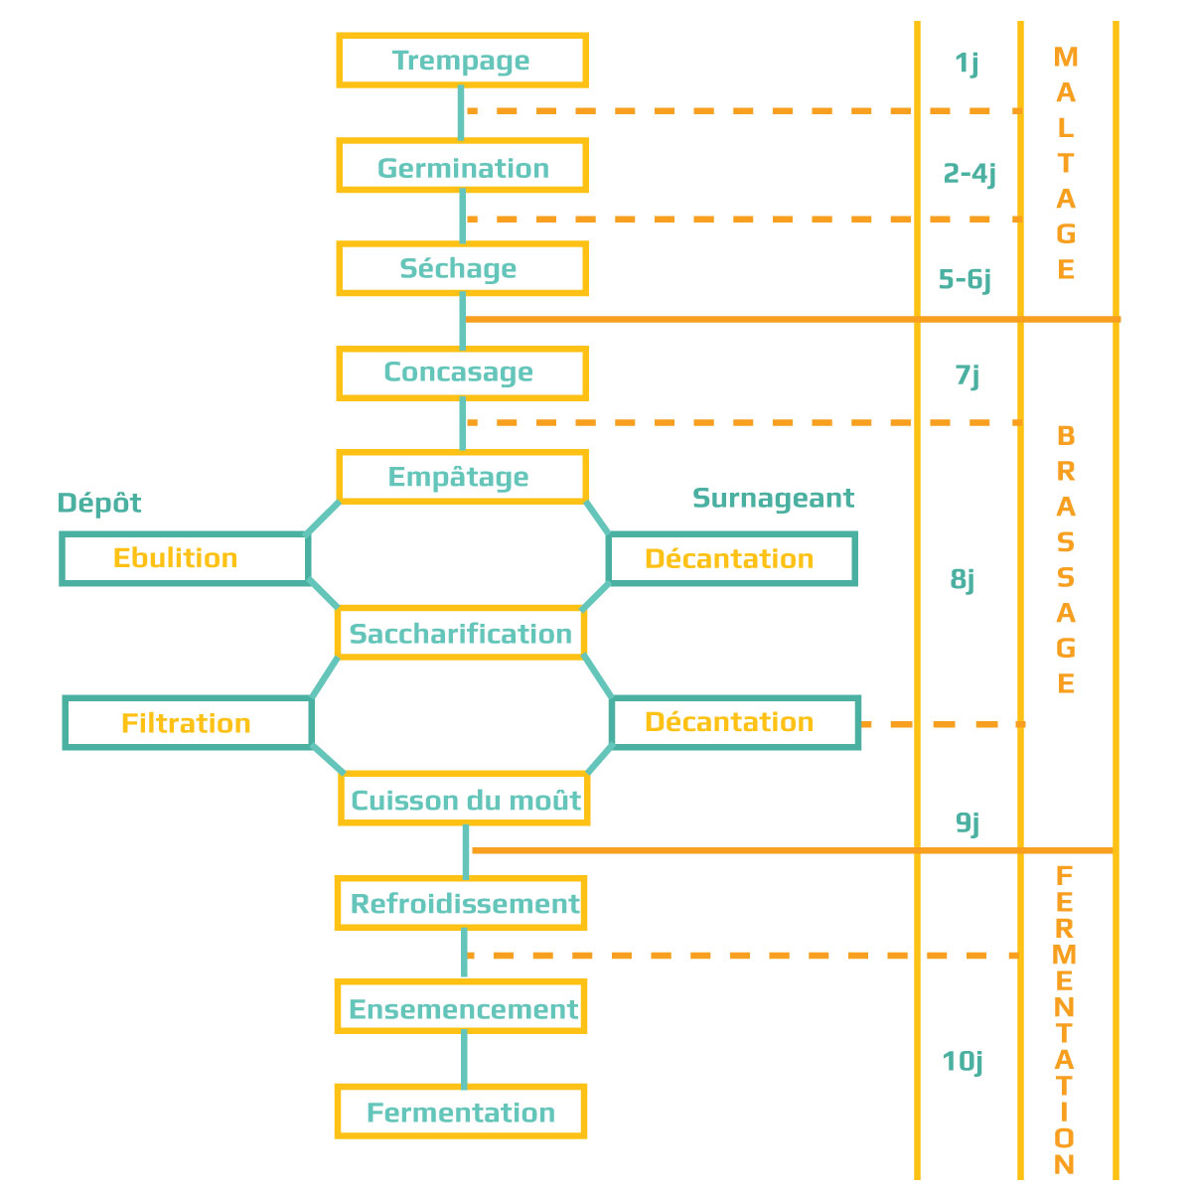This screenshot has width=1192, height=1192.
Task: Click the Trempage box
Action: pyautogui.click(x=462, y=60)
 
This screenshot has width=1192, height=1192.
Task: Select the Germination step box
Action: pyautogui.click(x=462, y=165)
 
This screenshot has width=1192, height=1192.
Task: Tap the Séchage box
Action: pyautogui.click(x=462, y=268)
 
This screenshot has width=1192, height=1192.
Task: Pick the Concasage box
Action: pyautogui.click(x=462, y=373)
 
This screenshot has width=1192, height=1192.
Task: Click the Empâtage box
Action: pyautogui.click(x=462, y=477)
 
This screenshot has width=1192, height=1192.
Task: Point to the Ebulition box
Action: pyautogui.click(x=185, y=558)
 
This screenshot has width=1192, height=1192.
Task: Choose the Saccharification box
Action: pyautogui.click(x=461, y=633)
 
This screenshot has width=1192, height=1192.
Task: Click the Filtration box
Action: pyautogui.click(x=188, y=722)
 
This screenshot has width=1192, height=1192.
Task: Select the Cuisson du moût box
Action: pyautogui.click(x=464, y=799)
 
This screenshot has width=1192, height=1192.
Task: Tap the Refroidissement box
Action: pyautogui.click(x=461, y=903)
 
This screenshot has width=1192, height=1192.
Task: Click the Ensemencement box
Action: pyautogui.click(x=461, y=1006)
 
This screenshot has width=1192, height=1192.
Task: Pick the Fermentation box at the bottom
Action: pyautogui.click(x=461, y=1112)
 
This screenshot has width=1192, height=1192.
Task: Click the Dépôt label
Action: pyautogui.click(x=99, y=503)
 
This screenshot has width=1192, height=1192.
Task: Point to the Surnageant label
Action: pyautogui.click(x=773, y=499)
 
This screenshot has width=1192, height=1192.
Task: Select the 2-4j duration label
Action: pyautogui.click(x=969, y=174)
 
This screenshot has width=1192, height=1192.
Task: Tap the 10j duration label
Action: pyautogui.click(x=962, y=1062)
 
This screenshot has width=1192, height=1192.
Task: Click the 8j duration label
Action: pyautogui.click(x=962, y=579)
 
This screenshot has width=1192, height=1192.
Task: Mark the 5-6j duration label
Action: pyautogui.click(x=965, y=279)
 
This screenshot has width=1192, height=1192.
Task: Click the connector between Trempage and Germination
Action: pyautogui.click(x=461, y=112)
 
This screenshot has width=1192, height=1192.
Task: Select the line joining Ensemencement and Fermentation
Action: pyautogui.click(x=464, y=1059)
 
